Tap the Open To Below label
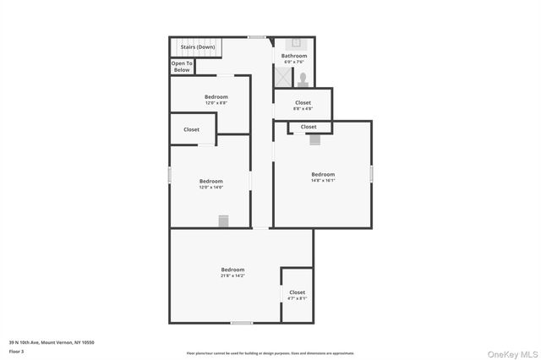point(182,67)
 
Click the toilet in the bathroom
point(302,79)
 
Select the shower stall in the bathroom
point(282,77)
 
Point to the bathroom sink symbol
point(297,41)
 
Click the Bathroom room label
point(293,56)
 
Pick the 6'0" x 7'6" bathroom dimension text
point(293,62)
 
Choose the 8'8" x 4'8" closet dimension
point(303,108)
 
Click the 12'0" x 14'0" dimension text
point(210,187)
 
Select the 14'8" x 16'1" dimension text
point(323,180)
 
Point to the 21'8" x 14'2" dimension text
point(232,275)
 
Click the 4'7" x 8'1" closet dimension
point(297,297)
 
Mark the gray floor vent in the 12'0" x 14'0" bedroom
point(223,221)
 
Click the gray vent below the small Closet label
point(315,139)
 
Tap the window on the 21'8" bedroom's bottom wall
point(242,323)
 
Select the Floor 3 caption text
point(17,351)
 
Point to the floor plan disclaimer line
point(270,353)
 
